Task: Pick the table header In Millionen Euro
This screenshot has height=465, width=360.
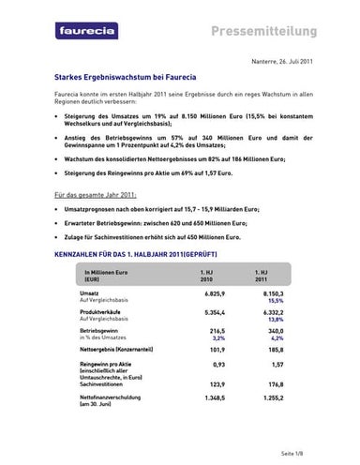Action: pos(103,273)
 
